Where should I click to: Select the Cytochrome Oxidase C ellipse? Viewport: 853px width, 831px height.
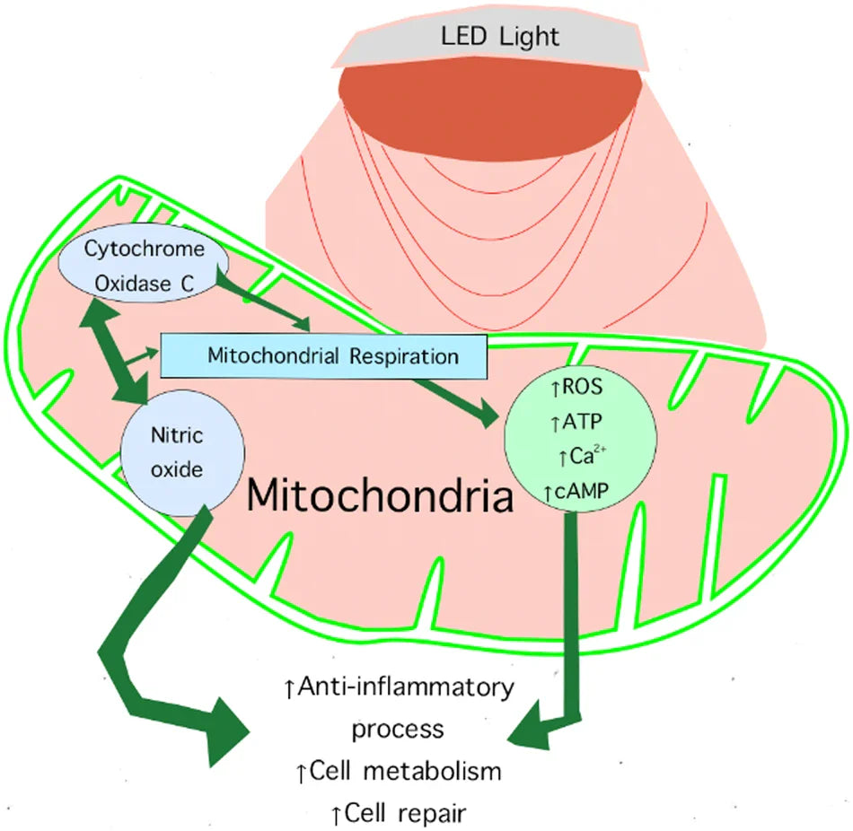[x=143, y=266]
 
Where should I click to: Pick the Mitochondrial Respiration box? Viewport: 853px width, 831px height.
[x=323, y=355]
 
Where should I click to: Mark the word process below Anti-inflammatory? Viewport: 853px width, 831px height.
[x=398, y=728]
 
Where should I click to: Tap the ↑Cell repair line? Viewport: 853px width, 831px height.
[x=398, y=813]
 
